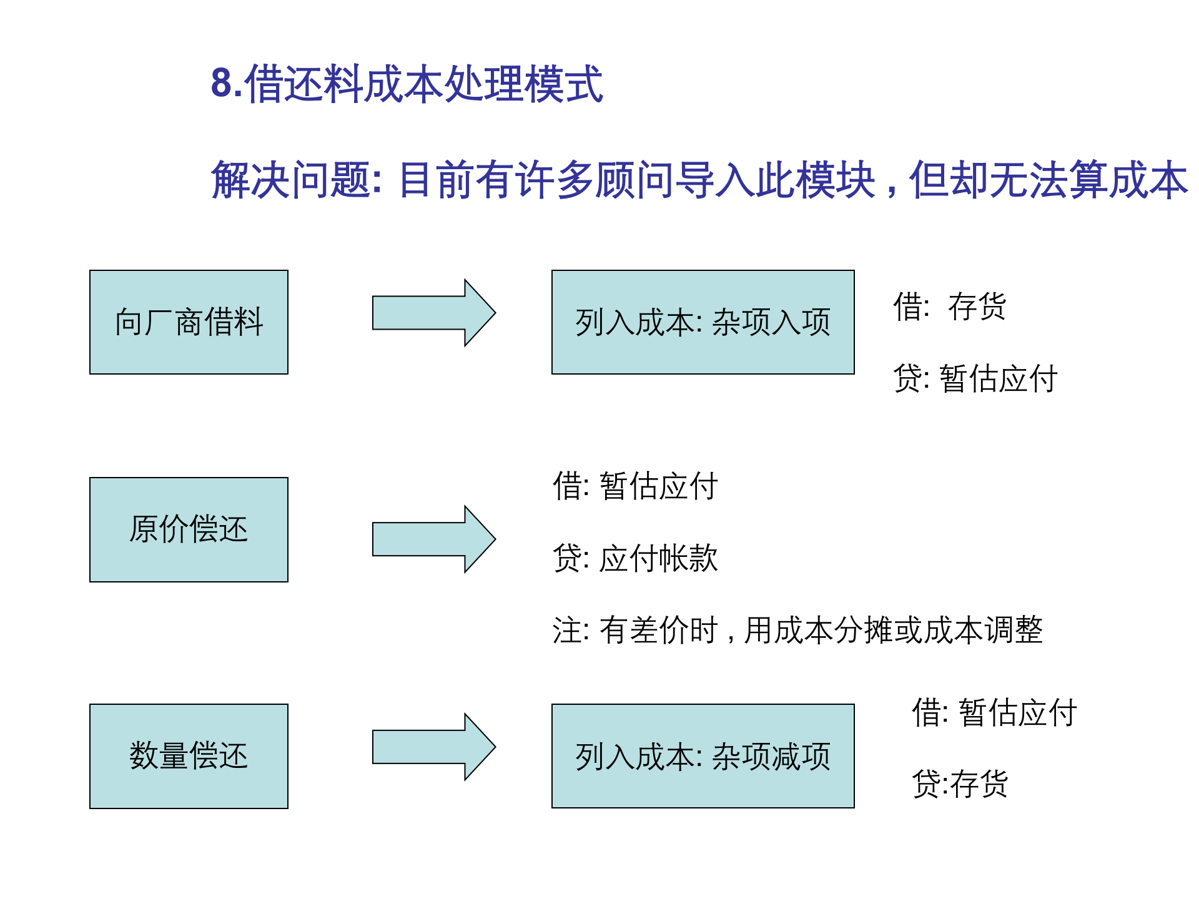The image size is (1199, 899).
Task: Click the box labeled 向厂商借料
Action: coord(189,322)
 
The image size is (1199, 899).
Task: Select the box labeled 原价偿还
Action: coord(189,529)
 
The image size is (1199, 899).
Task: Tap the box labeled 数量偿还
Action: coord(189,756)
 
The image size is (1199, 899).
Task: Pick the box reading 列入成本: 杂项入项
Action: coord(703,322)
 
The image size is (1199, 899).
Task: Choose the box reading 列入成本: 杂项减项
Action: coord(703,756)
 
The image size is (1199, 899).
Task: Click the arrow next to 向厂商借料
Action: coord(433,313)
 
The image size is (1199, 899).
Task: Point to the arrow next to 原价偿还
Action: coord(433,539)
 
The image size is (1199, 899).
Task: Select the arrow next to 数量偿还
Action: coord(433,747)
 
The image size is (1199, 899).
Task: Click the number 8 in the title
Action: coord(222,84)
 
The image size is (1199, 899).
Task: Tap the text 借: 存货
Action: coord(949,307)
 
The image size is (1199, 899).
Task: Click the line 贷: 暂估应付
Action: coord(975,379)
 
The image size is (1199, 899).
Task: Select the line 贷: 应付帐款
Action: coord(635,558)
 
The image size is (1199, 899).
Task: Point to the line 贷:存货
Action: coord(960,784)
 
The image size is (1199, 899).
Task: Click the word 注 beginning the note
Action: coord(567,631)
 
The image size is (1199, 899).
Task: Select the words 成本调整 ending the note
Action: coord(983,631)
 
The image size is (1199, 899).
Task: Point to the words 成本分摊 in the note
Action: coord(833,631)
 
